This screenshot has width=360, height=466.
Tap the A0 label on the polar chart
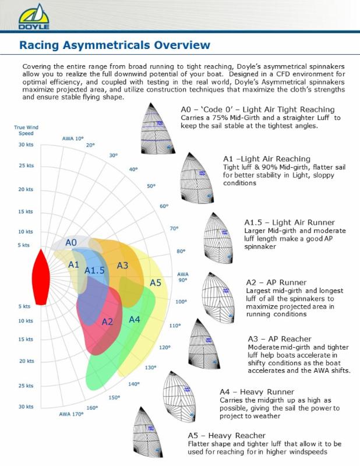point(71,242)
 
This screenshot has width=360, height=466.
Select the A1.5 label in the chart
point(94,270)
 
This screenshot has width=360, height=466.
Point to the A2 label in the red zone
point(107,322)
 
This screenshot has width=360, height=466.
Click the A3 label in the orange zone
point(122,266)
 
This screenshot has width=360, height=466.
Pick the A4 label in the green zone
point(135,319)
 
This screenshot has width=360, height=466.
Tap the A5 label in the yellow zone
point(155,283)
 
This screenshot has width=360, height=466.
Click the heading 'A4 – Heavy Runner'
point(257,391)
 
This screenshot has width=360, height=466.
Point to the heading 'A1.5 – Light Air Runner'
point(289,223)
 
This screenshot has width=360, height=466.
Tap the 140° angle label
point(134,384)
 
